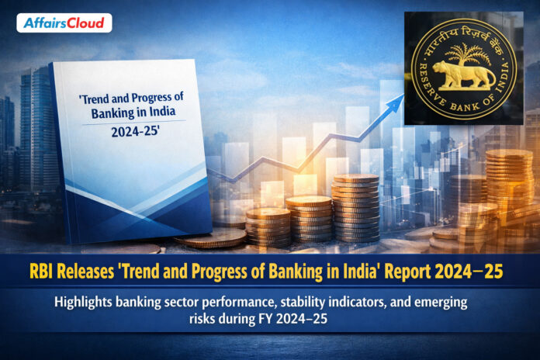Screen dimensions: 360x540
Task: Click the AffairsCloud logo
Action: [64, 22]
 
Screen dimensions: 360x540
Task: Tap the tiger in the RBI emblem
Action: [464, 76]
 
